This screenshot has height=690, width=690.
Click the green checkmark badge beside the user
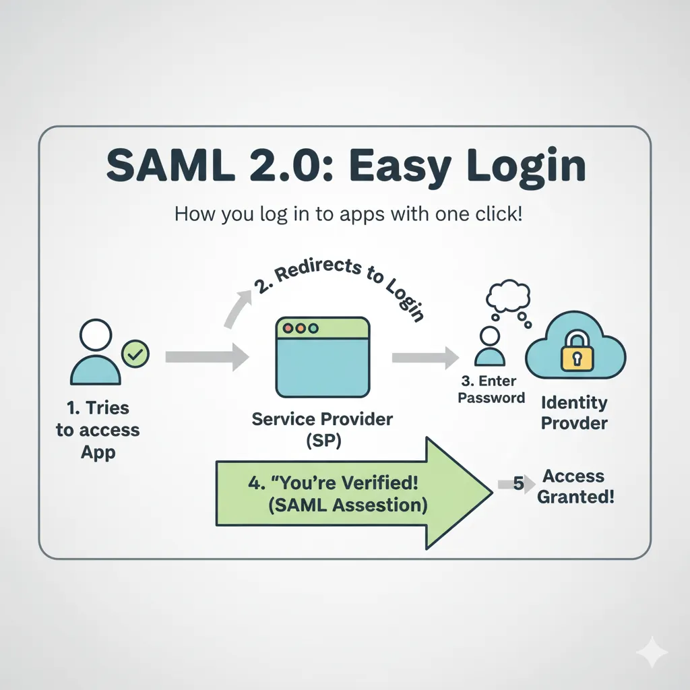point(135,354)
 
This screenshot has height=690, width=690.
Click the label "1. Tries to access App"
point(97,429)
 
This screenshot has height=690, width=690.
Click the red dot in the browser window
point(288,328)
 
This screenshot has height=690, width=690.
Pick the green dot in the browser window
point(314,328)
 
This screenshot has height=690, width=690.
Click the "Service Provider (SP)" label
point(322,429)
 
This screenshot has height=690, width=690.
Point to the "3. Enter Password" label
point(491,389)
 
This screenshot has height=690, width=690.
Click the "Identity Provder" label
point(574,413)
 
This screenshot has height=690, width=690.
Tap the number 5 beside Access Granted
point(518,483)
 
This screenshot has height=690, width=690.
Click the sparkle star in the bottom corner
point(652,653)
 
